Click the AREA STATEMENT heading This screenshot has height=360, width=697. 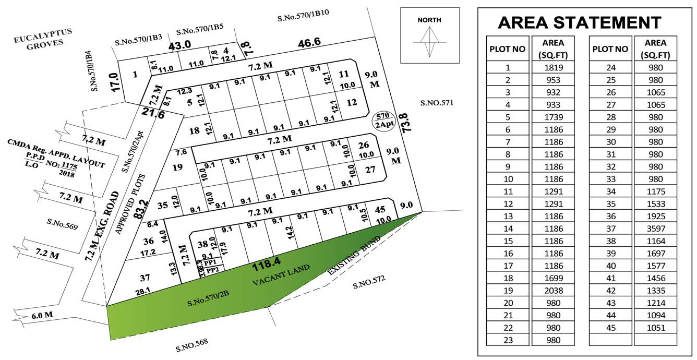579,22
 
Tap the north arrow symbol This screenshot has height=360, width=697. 429,42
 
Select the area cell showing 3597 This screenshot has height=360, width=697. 655,229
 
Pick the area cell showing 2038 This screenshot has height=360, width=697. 552,291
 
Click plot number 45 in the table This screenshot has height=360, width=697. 610,328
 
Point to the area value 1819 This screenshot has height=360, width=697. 552,67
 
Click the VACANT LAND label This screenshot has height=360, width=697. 281,275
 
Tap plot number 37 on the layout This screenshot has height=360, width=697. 146,278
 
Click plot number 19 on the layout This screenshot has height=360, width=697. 178,167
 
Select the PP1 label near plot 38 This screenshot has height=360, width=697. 210,263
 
